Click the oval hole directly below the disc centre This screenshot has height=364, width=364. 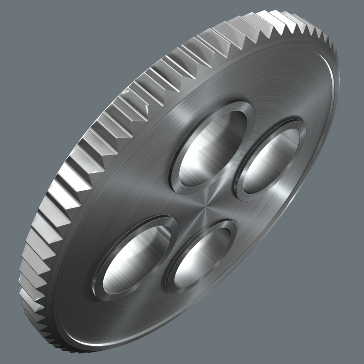(202, 257)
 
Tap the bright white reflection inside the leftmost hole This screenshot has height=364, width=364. (123, 273)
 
